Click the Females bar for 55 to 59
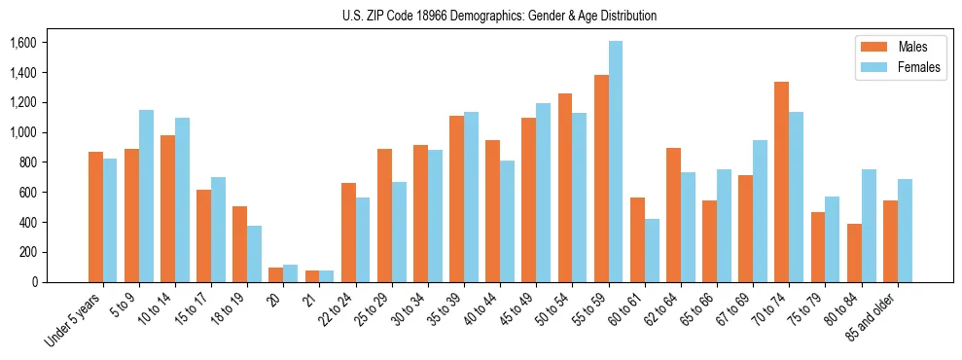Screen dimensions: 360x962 616,162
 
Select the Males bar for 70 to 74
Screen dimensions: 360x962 782,182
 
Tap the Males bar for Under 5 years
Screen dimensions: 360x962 95,217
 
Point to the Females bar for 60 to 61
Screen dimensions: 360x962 652,250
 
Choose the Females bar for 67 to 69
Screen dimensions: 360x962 760,211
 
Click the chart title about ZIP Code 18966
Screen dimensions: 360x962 499,16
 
